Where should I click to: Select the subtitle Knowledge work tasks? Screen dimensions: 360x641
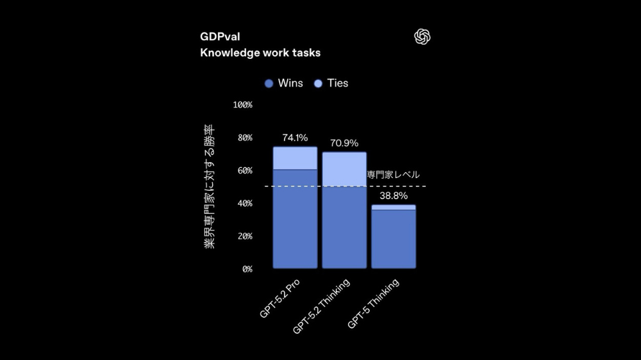pyautogui.click(x=260, y=53)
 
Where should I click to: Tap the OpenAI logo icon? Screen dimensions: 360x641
pyautogui.click(x=422, y=37)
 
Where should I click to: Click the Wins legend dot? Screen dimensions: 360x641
pyautogui.click(x=269, y=83)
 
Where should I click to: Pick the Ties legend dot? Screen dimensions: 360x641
pyautogui.click(x=318, y=83)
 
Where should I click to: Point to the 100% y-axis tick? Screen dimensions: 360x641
pyautogui.click(x=243, y=104)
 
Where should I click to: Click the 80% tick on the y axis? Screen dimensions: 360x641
pyautogui.click(x=245, y=138)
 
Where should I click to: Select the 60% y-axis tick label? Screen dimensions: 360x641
pyautogui.click(x=245, y=170)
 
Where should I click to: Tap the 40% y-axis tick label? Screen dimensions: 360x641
pyautogui.click(x=245, y=203)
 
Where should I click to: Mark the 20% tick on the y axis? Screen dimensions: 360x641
pyautogui.click(x=245, y=236)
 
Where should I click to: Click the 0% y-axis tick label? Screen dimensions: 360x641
pyautogui.click(x=247, y=269)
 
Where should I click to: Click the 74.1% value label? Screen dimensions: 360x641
pyautogui.click(x=295, y=138)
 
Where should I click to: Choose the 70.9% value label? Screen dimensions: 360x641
pyautogui.click(x=344, y=143)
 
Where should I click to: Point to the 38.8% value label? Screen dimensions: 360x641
pyautogui.click(x=394, y=196)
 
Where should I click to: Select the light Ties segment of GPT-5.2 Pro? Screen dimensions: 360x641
pyautogui.click(x=295, y=158)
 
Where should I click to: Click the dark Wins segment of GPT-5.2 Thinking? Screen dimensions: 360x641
pyautogui.click(x=344, y=227)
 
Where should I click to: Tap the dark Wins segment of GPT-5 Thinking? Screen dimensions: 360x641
pyautogui.click(x=394, y=238)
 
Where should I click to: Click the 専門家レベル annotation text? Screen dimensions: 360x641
pyautogui.click(x=394, y=175)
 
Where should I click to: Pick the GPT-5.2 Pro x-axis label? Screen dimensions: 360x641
pyautogui.click(x=281, y=299)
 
